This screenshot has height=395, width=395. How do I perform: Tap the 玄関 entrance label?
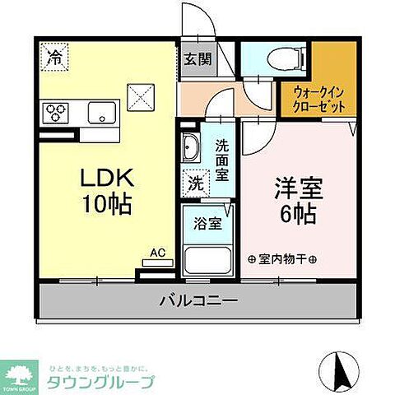pyautogui.click(x=195, y=59)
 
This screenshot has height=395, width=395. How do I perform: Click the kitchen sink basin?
pyautogui.click(x=103, y=113)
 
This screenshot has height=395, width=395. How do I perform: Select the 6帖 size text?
pyautogui.click(x=298, y=215)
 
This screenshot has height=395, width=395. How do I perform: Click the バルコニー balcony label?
pyautogui.click(x=198, y=301)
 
